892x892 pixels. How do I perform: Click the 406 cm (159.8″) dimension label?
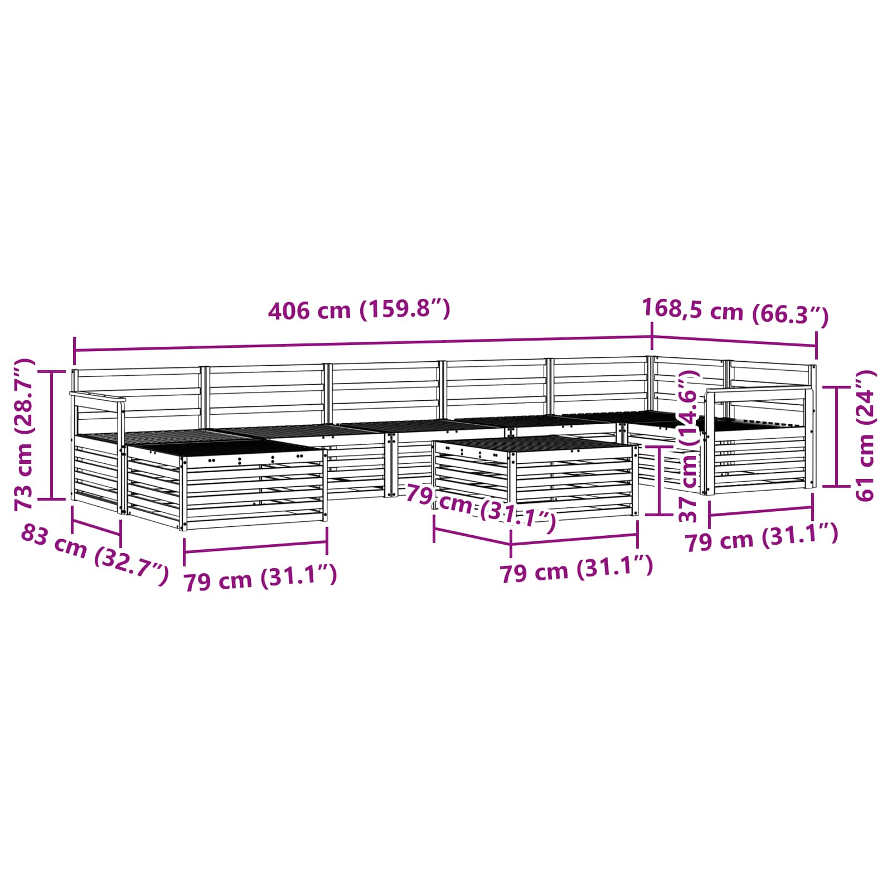(359, 310)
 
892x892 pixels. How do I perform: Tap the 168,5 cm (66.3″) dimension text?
(735, 312)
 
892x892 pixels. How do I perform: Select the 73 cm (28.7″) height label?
(25, 435)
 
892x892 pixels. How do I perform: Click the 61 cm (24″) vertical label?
(866, 435)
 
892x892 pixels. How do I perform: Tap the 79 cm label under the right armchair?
(762, 537)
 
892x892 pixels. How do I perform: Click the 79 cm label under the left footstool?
(260, 577)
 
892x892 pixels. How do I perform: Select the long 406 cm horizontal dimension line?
(363, 343)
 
